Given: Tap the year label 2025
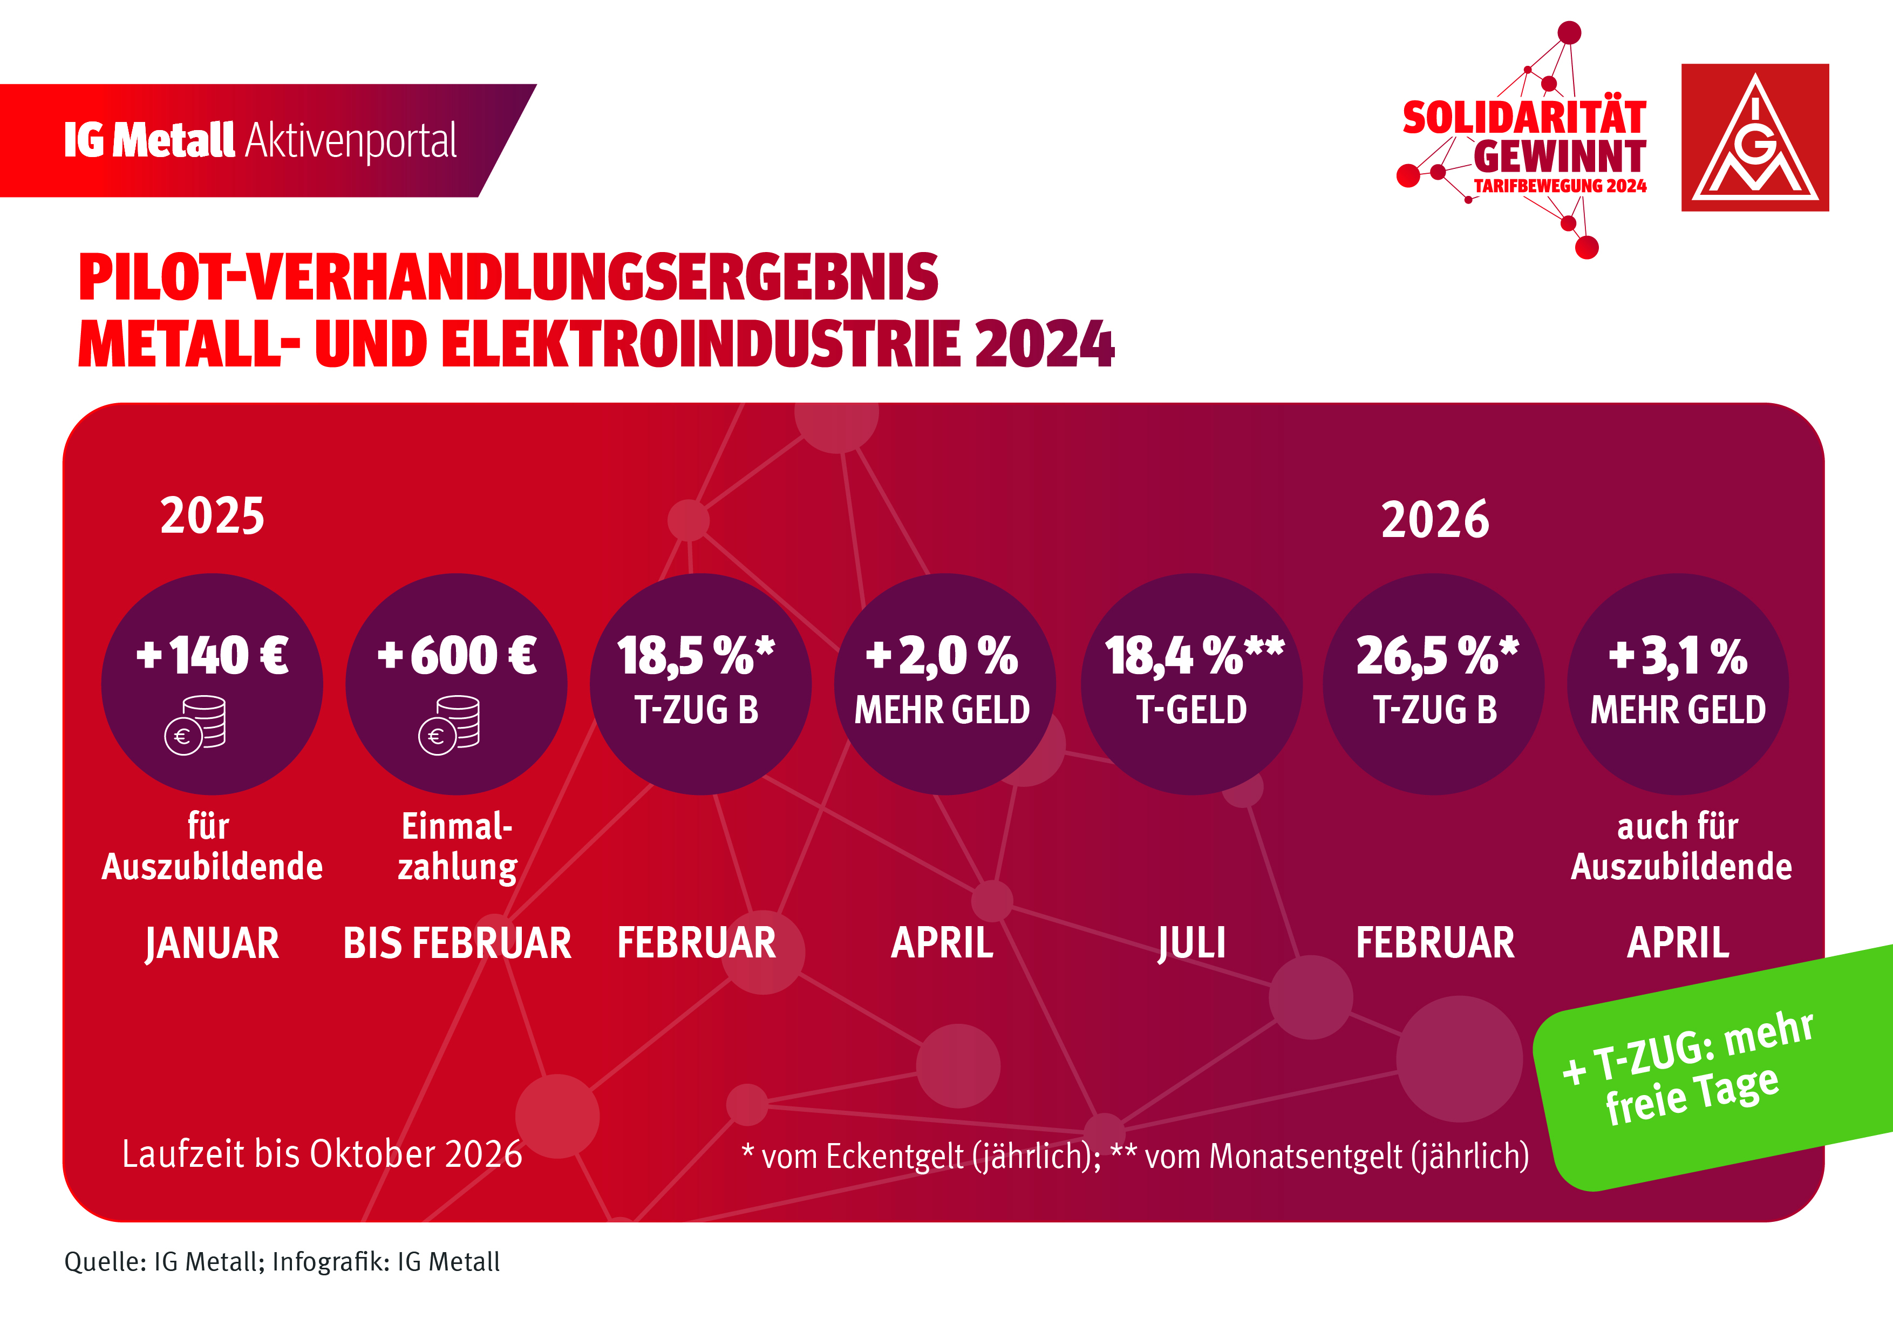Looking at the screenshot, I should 212,516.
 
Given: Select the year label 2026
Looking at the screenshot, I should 1435,519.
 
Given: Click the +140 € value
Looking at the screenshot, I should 212,656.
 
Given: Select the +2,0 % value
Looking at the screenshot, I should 942,656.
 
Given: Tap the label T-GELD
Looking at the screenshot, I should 1191,710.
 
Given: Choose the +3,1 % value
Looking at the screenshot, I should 1677,656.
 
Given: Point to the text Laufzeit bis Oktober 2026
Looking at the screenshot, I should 322,1153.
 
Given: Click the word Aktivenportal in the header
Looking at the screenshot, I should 350,141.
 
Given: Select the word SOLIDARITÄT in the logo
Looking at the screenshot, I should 1524,118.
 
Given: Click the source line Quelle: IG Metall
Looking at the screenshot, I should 282,1261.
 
